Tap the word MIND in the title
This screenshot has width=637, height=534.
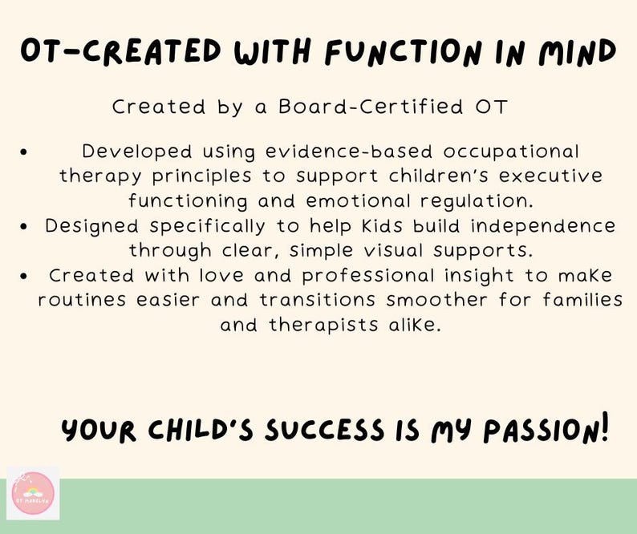[572, 53]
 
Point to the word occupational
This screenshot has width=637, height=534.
[511, 152]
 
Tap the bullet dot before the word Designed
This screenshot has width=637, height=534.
[26, 227]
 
